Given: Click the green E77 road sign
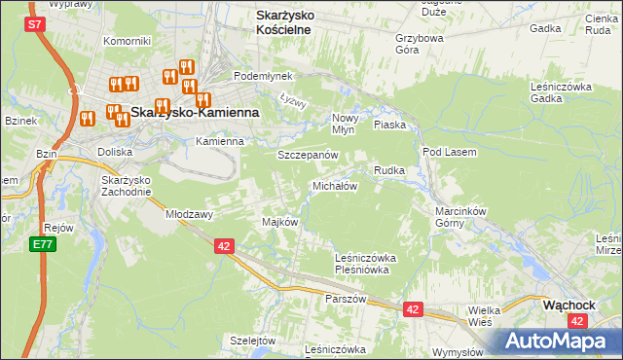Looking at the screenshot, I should click(42, 243).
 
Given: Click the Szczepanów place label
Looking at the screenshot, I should click(308, 156).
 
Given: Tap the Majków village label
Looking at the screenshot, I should click(279, 222).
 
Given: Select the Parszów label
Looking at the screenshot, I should click(346, 299).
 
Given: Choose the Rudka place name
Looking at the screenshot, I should click(389, 170).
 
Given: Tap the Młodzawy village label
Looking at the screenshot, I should click(190, 213).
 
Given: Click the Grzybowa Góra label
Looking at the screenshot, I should click(420, 45).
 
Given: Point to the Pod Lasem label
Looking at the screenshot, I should click(448, 152).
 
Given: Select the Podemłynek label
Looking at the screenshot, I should click(257, 75).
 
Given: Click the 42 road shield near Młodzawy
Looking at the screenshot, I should click(224, 247).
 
